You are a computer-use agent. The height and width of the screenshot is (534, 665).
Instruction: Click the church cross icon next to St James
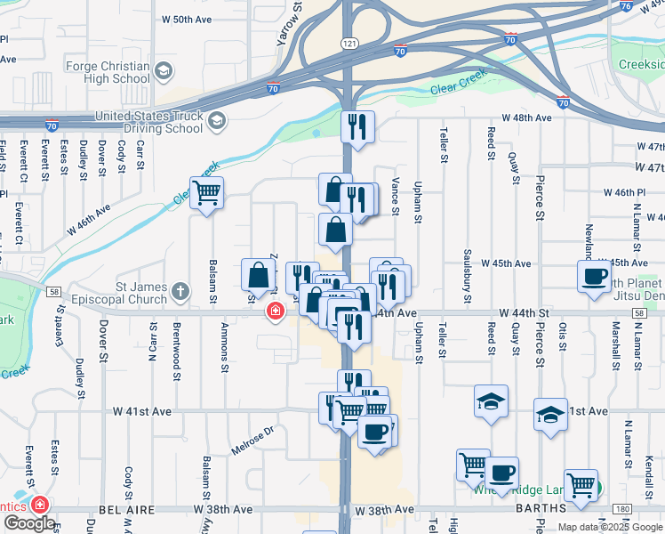[x=180, y=291]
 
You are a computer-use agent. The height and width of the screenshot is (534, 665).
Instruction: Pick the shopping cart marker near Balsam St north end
[x=206, y=191]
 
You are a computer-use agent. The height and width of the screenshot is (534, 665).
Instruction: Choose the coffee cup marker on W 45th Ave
[x=594, y=275]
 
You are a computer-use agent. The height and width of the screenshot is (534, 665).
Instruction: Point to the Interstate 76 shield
[x=625, y=5]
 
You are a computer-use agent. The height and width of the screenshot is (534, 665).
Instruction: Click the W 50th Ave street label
[x=188, y=19]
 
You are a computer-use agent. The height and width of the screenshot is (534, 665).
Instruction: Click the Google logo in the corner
[x=29, y=523]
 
